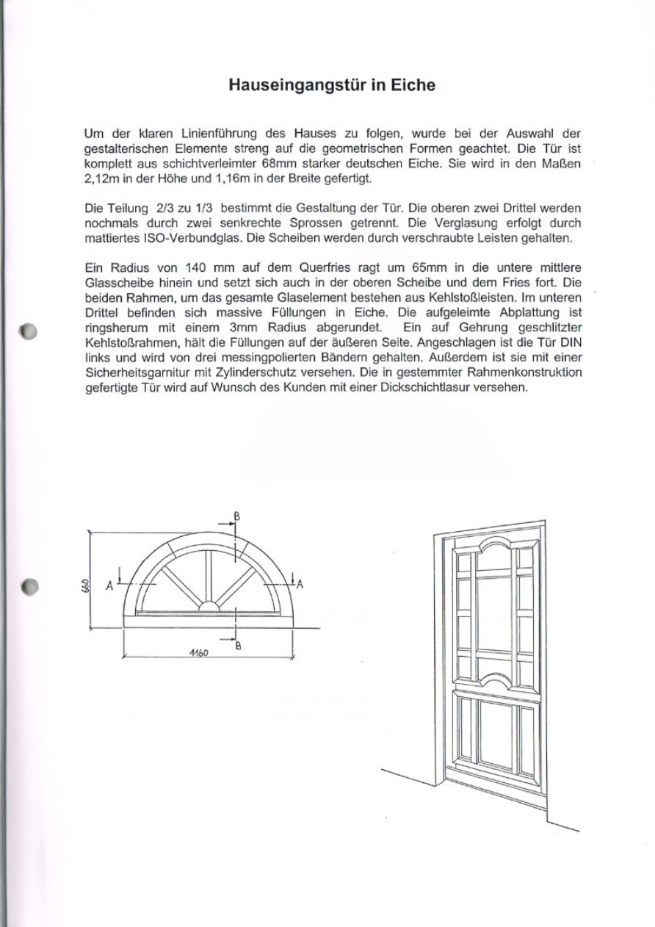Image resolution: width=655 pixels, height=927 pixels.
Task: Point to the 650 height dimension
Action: (x=86, y=585)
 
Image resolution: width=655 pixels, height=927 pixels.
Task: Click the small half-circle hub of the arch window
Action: (x=209, y=607)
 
